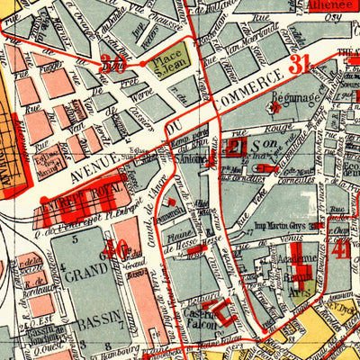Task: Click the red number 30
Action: (113, 63)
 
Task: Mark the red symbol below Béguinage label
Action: (276, 107)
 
